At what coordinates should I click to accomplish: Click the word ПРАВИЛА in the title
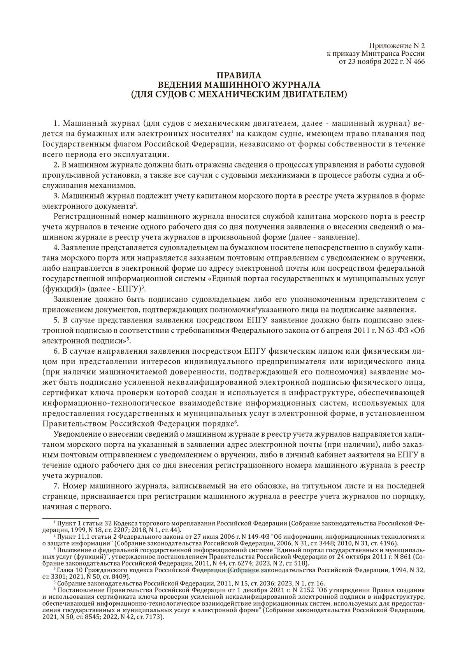coord(233,76)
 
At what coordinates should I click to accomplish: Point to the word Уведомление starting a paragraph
coord(75,434)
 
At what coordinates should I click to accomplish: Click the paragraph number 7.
coord(56,486)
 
